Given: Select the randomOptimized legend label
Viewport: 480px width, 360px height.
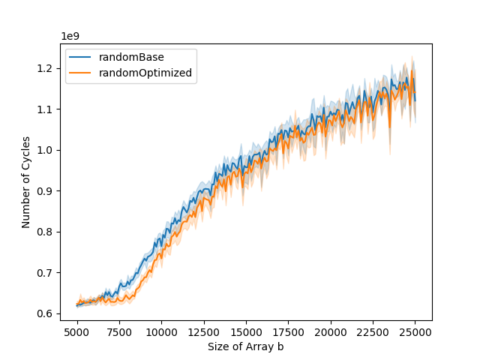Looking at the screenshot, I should click(145, 73).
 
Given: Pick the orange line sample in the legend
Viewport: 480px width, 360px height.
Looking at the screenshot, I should click(81, 73).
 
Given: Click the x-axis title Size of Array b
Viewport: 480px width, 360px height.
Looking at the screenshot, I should click(246, 346).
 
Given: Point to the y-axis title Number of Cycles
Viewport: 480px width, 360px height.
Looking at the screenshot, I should click(26, 182).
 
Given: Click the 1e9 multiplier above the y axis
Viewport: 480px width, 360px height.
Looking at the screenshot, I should click(70, 36).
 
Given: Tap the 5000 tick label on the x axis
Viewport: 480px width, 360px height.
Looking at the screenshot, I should click(76, 331).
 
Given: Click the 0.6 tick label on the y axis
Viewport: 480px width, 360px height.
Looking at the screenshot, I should click(47, 313).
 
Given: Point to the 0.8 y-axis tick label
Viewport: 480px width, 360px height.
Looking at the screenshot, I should click(47, 232).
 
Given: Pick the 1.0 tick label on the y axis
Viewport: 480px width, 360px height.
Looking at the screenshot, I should click(47, 150).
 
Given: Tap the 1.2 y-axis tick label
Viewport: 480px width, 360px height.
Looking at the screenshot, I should click(47, 68).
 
